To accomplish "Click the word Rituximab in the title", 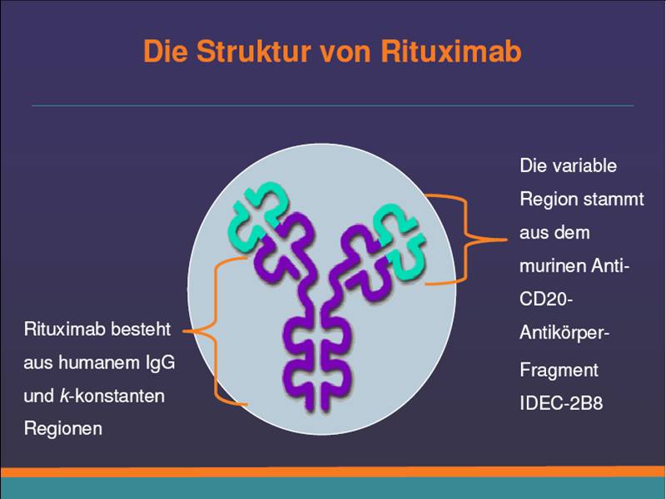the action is point(450,52).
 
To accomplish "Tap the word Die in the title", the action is point(165,52).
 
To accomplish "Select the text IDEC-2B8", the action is point(561,403).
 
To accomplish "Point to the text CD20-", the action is point(546,299).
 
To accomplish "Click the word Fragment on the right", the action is point(559,371).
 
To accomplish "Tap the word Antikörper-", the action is point(564,333).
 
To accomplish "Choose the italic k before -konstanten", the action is point(64,396).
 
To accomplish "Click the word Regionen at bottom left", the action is point(63,429).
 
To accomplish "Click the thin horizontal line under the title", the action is point(332,106).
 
